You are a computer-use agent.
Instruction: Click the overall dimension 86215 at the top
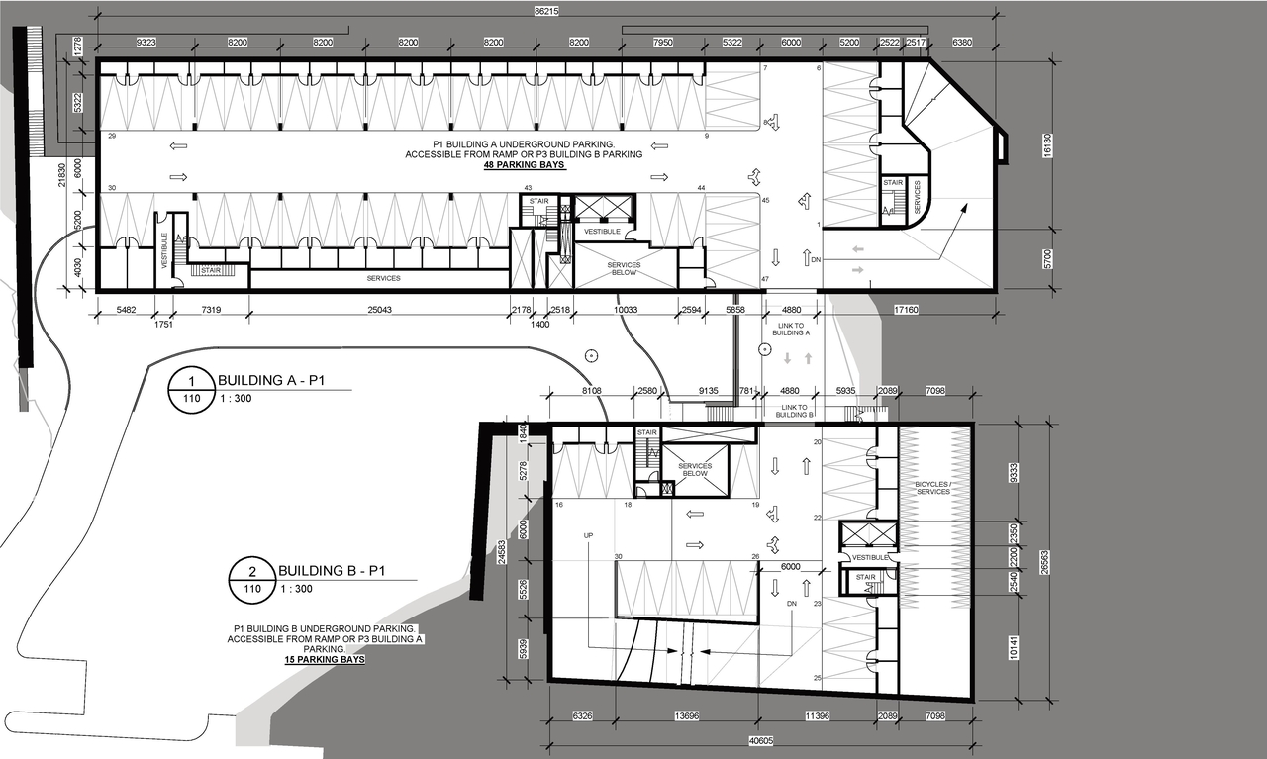(545, 11)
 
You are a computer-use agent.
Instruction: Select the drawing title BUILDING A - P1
(264, 380)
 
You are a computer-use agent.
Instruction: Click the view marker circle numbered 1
(193, 380)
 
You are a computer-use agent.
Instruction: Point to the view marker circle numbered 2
(253, 571)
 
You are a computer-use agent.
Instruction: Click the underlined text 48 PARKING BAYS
(526, 165)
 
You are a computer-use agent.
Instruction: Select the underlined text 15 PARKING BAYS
(324, 659)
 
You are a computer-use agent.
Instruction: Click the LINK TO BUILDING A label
(793, 330)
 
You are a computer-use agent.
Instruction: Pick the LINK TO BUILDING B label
(795, 411)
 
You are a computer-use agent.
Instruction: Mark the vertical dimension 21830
(62, 174)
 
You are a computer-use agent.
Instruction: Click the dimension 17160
(906, 310)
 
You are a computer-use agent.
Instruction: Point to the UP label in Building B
(588, 535)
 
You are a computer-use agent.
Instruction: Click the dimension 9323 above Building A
(146, 44)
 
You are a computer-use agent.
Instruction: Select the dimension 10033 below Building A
(626, 310)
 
